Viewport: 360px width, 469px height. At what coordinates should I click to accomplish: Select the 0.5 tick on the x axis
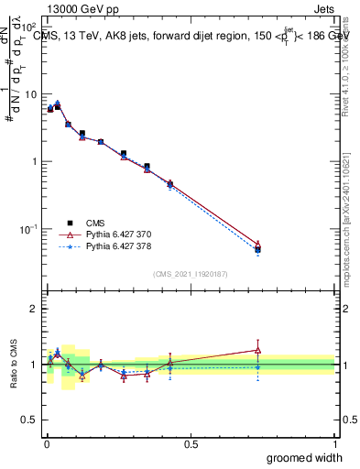click(191, 443)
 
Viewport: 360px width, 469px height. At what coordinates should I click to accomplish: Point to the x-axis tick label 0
click(46, 443)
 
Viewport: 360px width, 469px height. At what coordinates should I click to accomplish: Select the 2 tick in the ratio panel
click(36, 309)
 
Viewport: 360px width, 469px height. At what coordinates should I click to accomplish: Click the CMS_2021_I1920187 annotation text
click(190, 273)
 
